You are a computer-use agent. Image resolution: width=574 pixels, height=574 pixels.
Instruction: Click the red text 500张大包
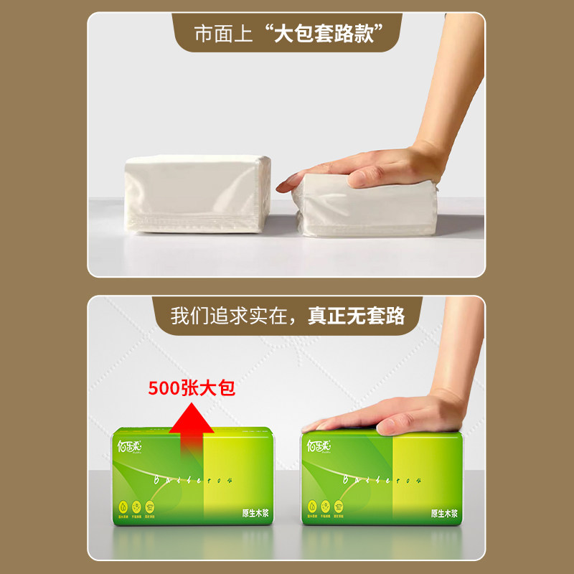(x=192, y=388)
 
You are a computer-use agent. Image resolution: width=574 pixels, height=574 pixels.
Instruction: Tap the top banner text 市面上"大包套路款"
(x=286, y=34)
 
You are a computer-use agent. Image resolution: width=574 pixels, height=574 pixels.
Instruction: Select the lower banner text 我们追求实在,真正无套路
(x=287, y=316)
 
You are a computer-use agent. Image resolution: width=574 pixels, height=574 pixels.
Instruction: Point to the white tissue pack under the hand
(x=366, y=208)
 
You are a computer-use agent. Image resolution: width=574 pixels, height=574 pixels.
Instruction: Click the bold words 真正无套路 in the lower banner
(x=357, y=316)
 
